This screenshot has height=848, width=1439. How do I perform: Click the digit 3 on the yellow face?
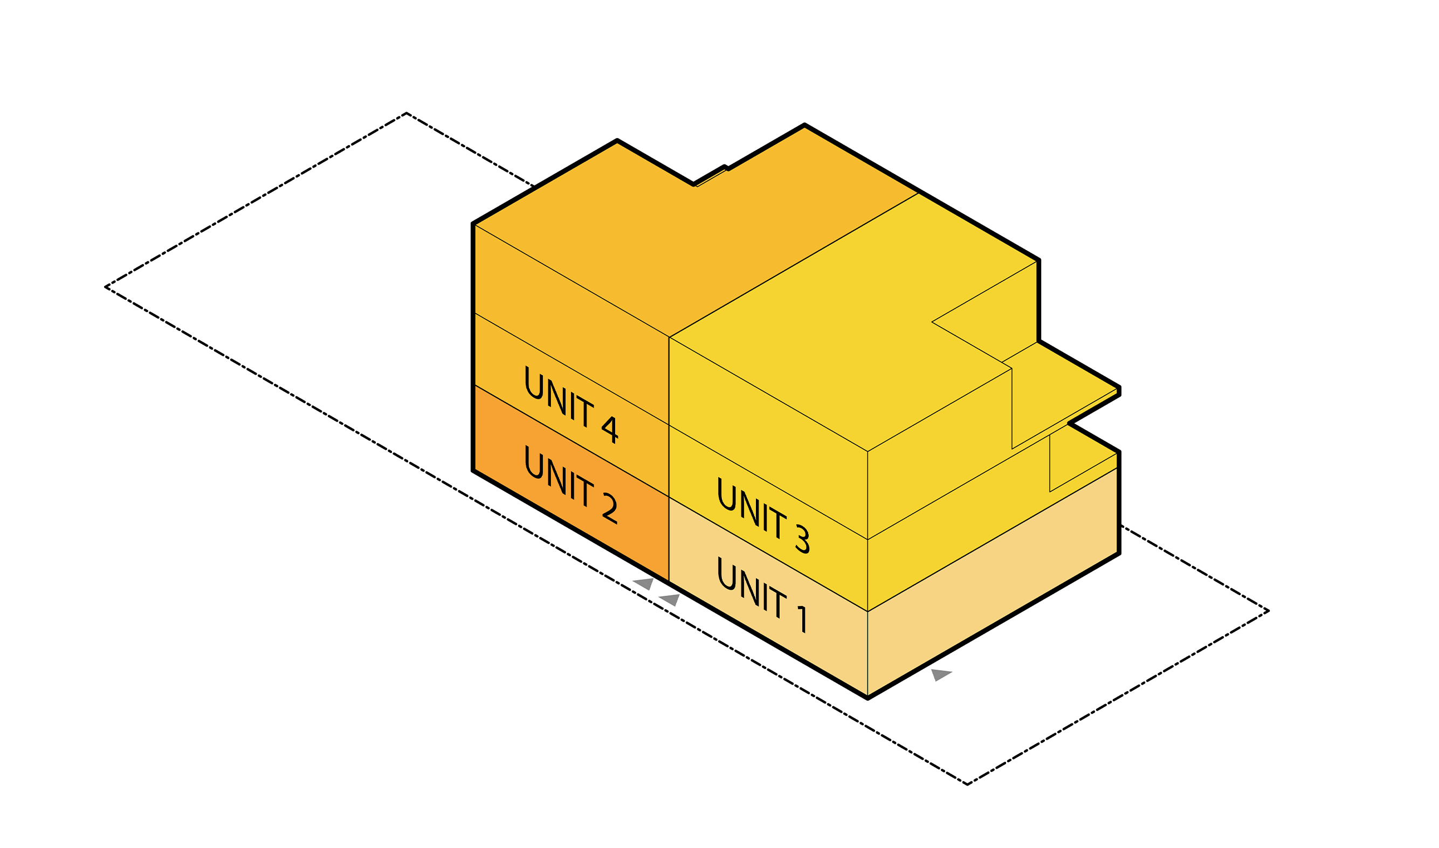click(803, 539)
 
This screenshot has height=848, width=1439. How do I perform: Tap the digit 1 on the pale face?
click(803, 619)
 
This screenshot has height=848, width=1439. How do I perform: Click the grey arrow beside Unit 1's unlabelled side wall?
click(940, 675)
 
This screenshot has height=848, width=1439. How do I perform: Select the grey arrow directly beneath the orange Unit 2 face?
click(644, 583)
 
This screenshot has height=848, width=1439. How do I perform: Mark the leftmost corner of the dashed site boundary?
click(106, 287)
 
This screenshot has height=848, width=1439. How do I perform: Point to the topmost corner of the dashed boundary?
click(407, 113)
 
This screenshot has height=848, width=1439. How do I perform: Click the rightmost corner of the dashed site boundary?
click(1268, 611)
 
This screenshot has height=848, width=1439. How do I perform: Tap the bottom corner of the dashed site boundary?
click(967, 784)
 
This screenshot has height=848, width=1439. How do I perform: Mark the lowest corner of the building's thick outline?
click(867, 698)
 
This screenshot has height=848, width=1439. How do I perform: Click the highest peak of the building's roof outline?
click(804, 125)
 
